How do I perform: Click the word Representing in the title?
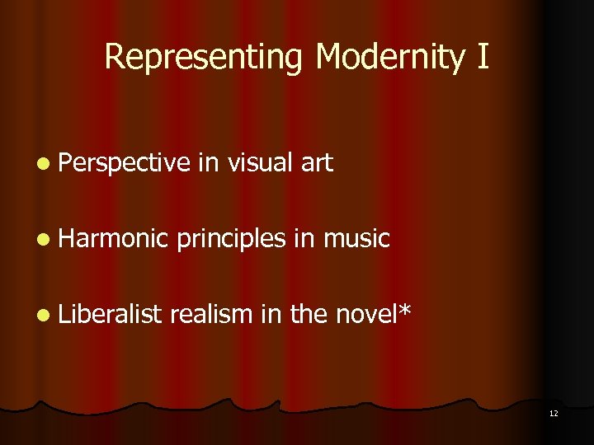coord(206,58)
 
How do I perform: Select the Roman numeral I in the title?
coord(483,58)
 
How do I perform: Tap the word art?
coord(317,164)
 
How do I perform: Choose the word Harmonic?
coord(115,239)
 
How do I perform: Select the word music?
coord(356,239)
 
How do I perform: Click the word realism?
coord(213,314)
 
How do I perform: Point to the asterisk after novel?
coord(403,309)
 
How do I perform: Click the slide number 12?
coord(553,413)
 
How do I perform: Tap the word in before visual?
coord(207,163)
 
